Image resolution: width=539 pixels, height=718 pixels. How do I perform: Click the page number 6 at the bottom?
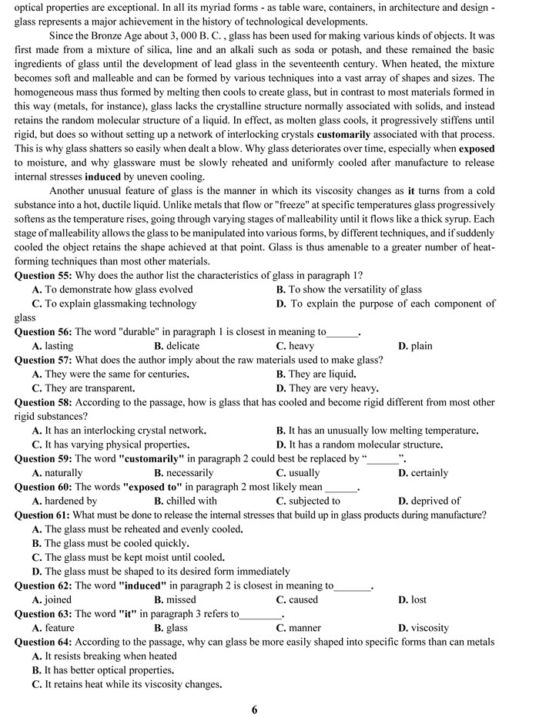(x=254, y=710)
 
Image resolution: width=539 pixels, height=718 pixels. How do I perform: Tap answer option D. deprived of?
(x=430, y=501)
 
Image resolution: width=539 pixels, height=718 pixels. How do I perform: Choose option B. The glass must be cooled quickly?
(x=111, y=543)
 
